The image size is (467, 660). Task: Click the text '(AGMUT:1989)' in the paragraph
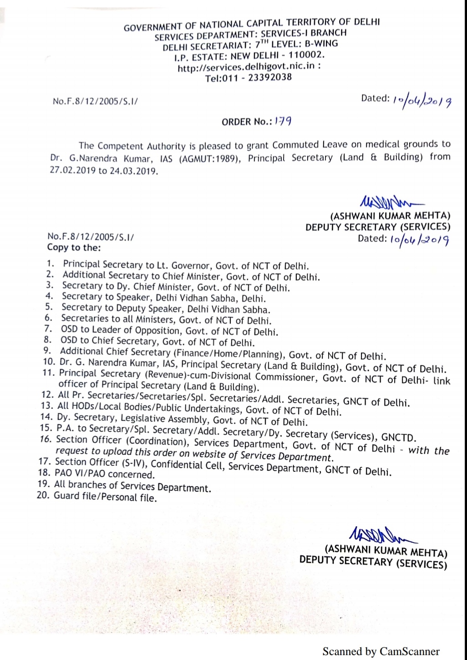[x=209, y=159]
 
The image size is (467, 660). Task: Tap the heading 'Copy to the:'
[x=74, y=248]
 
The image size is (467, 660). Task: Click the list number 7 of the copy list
[x=48, y=329]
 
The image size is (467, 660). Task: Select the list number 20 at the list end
[x=43, y=495]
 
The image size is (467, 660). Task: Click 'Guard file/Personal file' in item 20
[x=105, y=497]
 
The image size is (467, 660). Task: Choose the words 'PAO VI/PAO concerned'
[x=105, y=474]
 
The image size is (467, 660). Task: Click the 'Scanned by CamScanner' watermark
[x=381, y=651]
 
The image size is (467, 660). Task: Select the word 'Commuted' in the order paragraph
[x=295, y=145]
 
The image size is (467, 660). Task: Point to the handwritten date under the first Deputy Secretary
[x=420, y=240]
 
